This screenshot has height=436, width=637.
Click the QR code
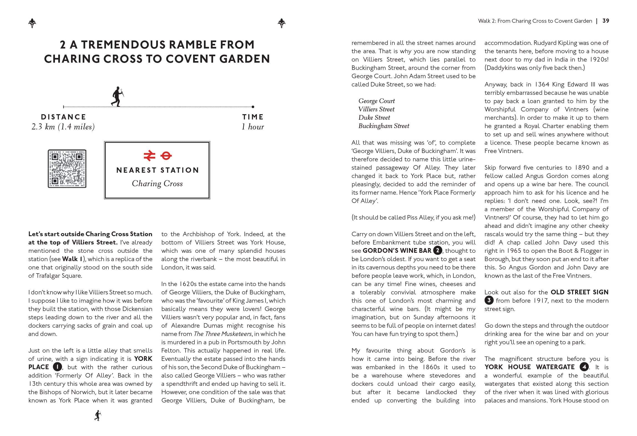pyautogui.click(x=67, y=169)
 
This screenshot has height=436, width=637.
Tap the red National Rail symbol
pyautogui.click(x=149, y=155)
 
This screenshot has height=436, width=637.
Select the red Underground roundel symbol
pyautogui.click(x=166, y=155)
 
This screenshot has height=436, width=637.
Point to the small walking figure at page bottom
pyautogui.click(x=97, y=415)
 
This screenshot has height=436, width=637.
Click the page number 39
pyautogui.click(x=606, y=21)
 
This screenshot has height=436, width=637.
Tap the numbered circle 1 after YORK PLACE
pyautogui.click(x=57, y=367)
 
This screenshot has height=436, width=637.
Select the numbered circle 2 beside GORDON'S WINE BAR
pyautogui.click(x=438, y=251)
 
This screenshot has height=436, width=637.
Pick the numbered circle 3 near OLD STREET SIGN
pyautogui.click(x=489, y=300)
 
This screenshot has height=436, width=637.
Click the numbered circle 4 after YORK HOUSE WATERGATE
pyautogui.click(x=584, y=367)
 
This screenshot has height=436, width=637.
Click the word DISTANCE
pyautogui.click(x=64, y=117)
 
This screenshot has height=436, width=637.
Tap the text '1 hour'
pyautogui.click(x=252, y=127)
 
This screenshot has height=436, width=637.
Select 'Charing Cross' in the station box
pyautogui.click(x=157, y=183)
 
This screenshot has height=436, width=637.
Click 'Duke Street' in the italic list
pyautogui.click(x=374, y=118)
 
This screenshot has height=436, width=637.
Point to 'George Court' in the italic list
pyautogui.click(x=376, y=101)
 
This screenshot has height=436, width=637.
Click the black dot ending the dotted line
pyautogui.click(x=253, y=107)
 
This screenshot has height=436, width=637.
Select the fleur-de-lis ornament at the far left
pyautogui.click(x=32, y=23)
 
